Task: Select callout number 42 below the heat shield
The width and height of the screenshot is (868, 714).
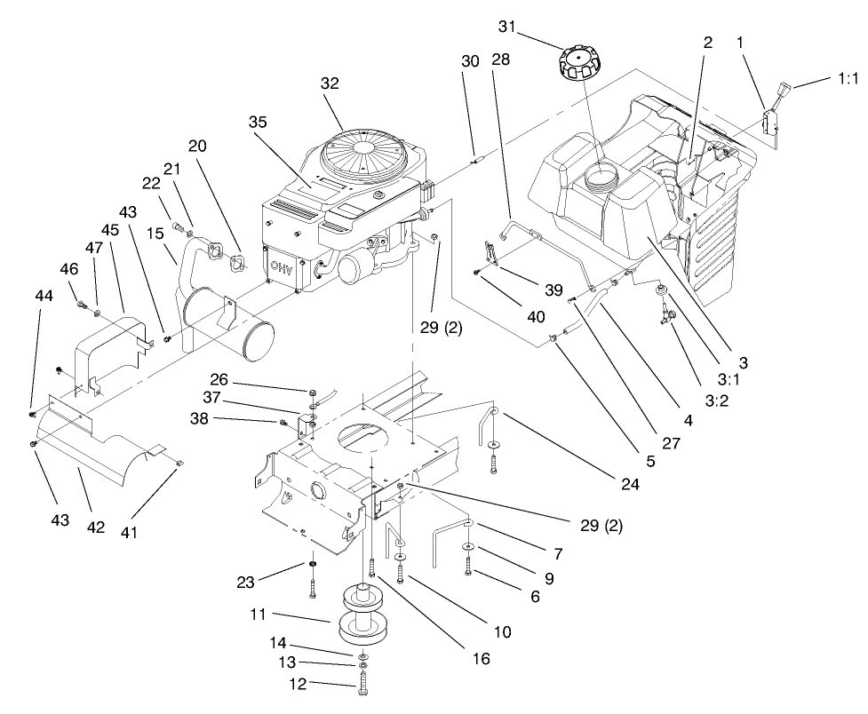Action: coord(95,527)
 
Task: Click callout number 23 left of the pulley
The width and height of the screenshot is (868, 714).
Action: coord(246,583)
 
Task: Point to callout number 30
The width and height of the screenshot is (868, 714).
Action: coord(470,60)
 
